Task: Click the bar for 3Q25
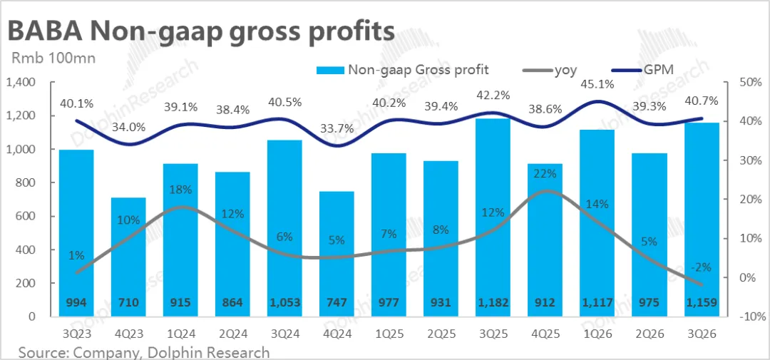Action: (x=493, y=214)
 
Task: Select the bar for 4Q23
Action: (x=128, y=257)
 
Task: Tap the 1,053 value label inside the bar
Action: (x=284, y=302)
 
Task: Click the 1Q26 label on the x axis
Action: (x=597, y=333)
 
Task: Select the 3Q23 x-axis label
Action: (x=76, y=333)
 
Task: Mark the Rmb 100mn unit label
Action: (x=50, y=58)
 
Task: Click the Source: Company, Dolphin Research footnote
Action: (x=143, y=352)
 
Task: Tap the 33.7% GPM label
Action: (x=337, y=128)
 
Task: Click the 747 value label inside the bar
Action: (x=337, y=302)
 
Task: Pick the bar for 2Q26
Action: (x=650, y=228)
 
